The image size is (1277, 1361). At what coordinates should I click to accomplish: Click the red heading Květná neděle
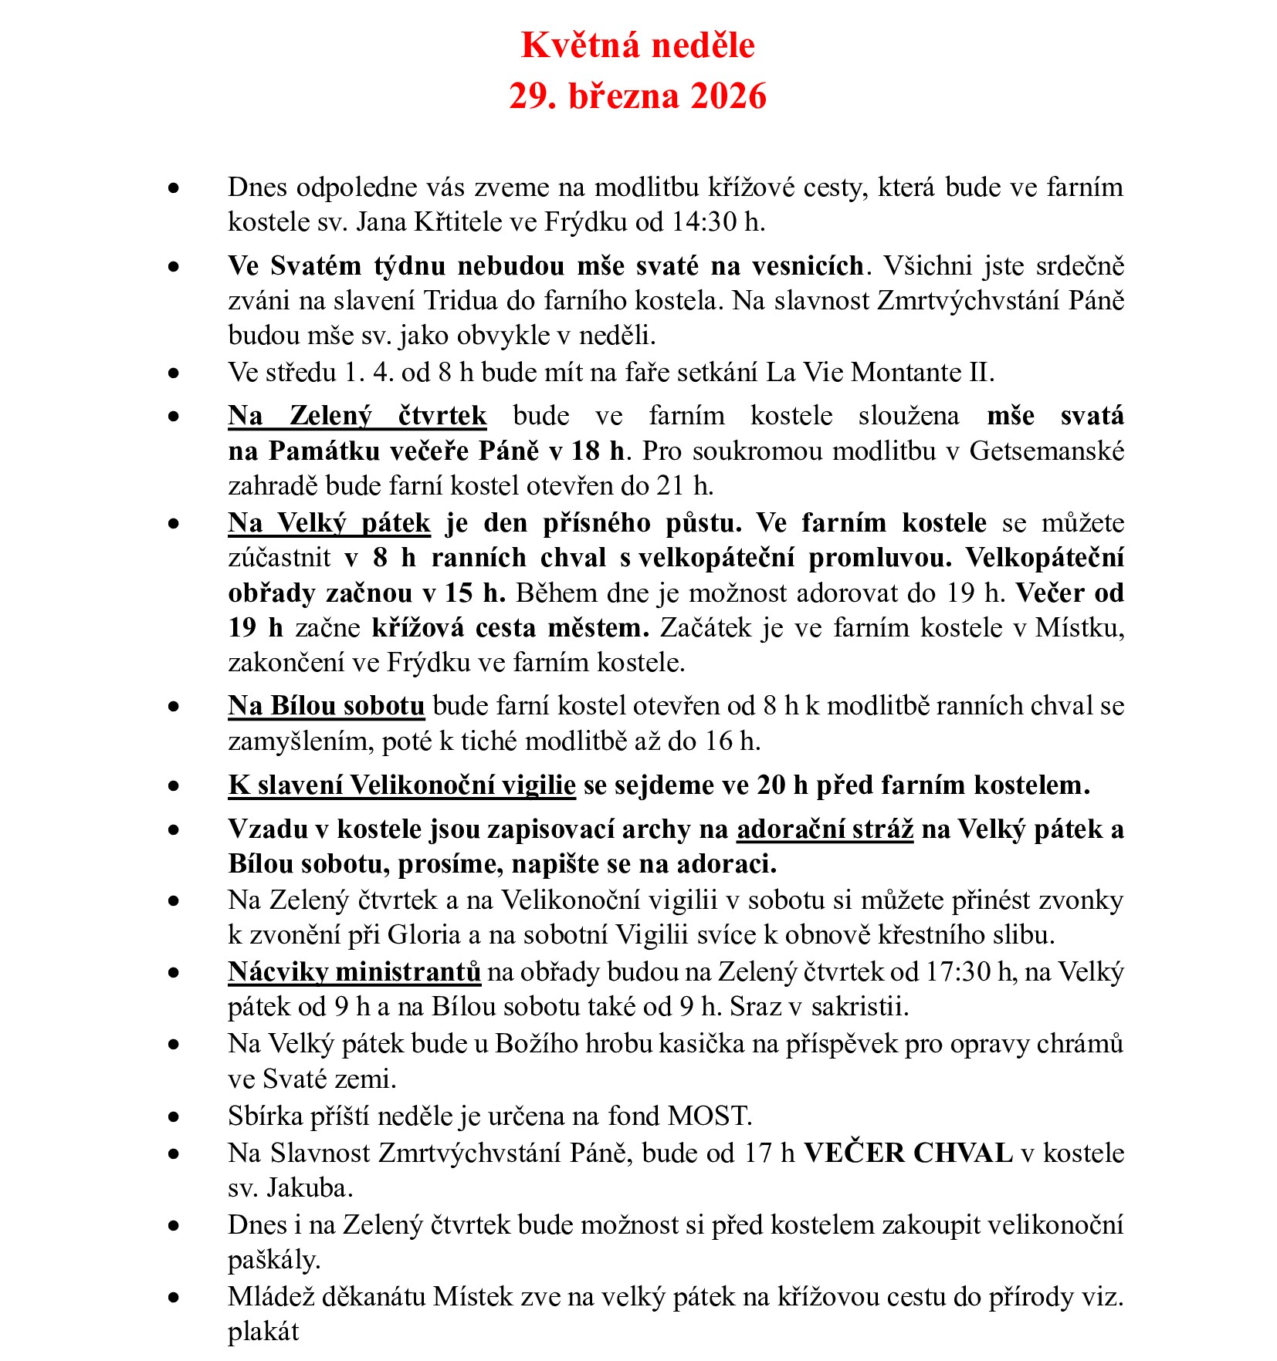coord(638,46)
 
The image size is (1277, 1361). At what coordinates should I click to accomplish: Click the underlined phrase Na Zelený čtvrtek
coord(357,416)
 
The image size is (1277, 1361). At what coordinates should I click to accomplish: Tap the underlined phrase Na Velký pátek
coord(329,523)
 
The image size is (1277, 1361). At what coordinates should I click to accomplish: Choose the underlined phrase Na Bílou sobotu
coord(327,706)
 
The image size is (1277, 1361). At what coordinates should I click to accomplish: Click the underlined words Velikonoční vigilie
coord(462,785)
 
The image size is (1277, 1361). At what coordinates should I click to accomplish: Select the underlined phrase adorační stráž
coord(825,829)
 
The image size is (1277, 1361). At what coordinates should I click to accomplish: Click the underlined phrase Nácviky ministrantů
coord(354,971)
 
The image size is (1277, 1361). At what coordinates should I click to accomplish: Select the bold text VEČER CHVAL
coord(908,1153)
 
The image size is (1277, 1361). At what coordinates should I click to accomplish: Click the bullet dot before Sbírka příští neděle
coord(174,1117)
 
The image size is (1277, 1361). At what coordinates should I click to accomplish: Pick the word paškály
coord(274,1261)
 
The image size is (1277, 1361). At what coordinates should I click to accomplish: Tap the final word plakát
coord(263,1332)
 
